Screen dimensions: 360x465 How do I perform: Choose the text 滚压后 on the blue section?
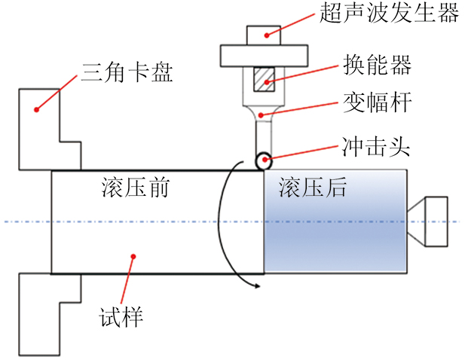coord(311,188)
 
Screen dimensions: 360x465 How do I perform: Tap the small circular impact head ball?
coord(263,160)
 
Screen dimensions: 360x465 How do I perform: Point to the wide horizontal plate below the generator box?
coord(263,55)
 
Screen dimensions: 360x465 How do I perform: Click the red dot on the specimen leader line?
coord(133,256)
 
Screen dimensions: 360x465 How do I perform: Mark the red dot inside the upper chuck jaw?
coord(35,110)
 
